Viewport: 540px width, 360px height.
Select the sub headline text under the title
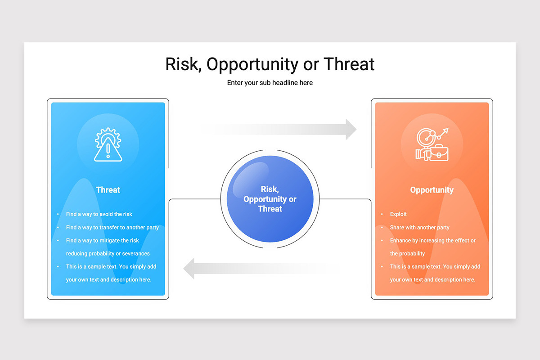(x=270, y=83)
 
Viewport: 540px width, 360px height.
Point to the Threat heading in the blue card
(x=108, y=190)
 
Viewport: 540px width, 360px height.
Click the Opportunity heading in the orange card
(x=432, y=190)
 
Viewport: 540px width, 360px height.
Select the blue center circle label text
(x=270, y=199)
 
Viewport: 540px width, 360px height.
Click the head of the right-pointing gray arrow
(x=351, y=129)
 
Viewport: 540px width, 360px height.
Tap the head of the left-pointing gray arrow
(x=189, y=268)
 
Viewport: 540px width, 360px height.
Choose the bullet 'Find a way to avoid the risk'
(x=99, y=214)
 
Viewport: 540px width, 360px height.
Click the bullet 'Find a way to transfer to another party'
(x=112, y=227)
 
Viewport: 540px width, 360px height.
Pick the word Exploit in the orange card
(x=398, y=214)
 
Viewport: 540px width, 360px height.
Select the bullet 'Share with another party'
(x=420, y=227)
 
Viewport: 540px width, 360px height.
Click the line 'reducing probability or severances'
(x=108, y=253)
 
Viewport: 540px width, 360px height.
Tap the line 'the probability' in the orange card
(x=407, y=253)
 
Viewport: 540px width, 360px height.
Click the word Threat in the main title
(x=349, y=64)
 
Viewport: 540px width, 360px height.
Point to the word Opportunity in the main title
(x=252, y=65)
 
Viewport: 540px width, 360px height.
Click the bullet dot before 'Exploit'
(x=382, y=214)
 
